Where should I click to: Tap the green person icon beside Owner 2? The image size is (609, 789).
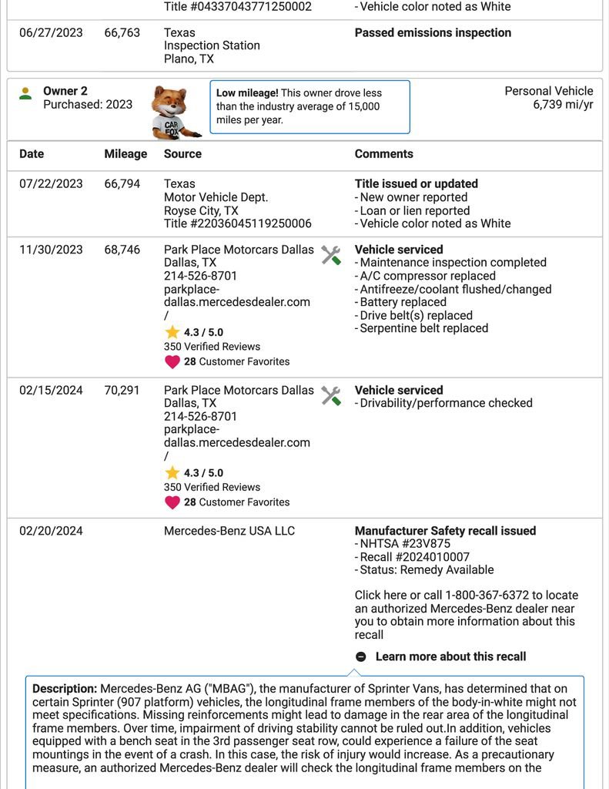click(25, 93)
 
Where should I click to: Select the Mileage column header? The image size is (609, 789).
click(125, 154)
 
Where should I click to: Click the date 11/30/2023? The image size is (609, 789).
click(51, 250)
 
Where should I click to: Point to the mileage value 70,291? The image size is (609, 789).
click(122, 391)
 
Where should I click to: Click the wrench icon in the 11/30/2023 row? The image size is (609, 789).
click(331, 256)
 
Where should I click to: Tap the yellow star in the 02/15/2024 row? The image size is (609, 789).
click(172, 473)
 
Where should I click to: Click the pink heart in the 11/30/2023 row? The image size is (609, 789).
click(172, 361)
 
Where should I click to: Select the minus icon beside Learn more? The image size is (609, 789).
click(361, 657)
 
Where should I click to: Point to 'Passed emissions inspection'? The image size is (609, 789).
click(433, 32)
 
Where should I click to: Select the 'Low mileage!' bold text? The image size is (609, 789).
click(247, 93)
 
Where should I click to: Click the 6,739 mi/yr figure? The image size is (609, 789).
click(563, 105)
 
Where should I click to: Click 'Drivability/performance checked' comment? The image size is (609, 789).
click(446, 403)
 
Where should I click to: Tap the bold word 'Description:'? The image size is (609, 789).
click(65, 688)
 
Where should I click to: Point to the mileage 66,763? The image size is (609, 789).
click(122, 32)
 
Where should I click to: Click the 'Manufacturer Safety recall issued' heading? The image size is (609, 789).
click(445, 531)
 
